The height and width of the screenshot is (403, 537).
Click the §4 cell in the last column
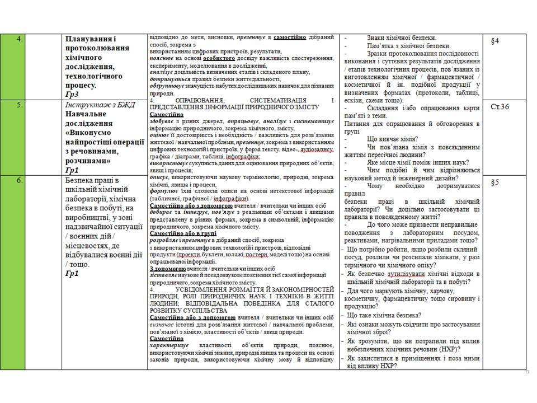pyautogui.click(x=494, y=41)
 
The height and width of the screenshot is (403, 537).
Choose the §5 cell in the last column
pyautogui.click(x=494, y=182)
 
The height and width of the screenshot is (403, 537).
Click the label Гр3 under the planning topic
pyautogui.click(x=72, y=94)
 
